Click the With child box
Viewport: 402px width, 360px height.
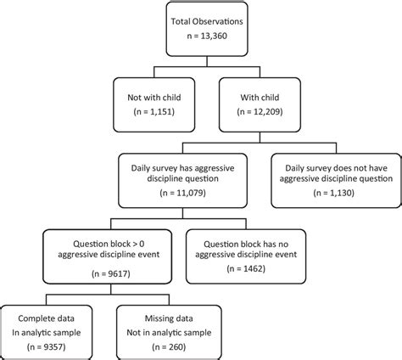pos(259,101)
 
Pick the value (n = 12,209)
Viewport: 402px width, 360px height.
pos(259,110)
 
